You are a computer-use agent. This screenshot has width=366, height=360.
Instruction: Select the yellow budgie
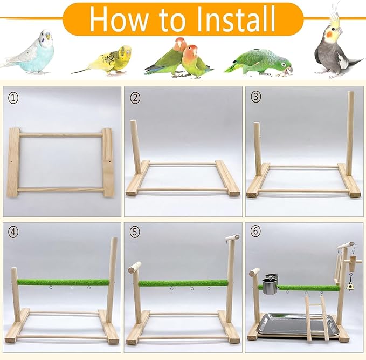click(x=111, y=59)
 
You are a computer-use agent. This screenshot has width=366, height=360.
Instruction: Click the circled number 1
click(x=13, y=98)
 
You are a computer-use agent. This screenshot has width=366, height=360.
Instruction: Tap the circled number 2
click(x=135, y=98)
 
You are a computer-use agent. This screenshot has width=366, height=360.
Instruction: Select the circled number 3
click(x=256, y=98)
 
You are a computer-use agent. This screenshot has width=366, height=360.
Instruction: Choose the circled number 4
click(x=13, y=232)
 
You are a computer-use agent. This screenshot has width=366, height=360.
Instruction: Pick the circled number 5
click(x=135, y=232)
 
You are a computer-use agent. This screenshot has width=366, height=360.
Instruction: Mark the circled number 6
click(x=256, y=232)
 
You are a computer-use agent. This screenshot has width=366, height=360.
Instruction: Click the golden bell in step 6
click(x=350, y=286)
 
